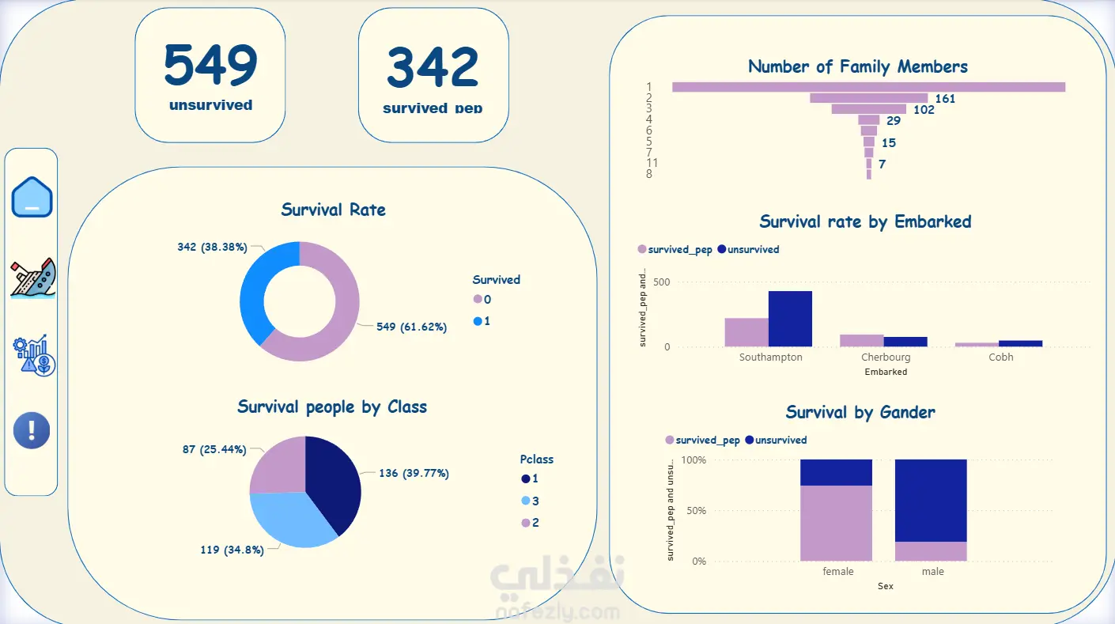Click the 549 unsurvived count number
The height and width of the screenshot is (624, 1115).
pyautogui.click(x=210, y=65)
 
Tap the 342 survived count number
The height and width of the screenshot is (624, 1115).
pyautogui.click(x=433, y=67)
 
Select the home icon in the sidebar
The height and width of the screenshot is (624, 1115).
pyautogui.click(x=32, y=197)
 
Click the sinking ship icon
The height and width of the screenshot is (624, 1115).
pyautogui.click(x=33, y=278)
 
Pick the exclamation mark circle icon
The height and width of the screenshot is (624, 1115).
pyautogui.click(x=32, y=430)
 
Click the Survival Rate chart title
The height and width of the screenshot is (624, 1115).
pyautogui.click(x=333, y=210)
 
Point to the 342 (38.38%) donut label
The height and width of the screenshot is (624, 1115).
pyautogui.click(x=212, y=247)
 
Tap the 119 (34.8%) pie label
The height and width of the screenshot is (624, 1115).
pyautogui.click(x=232, y=550)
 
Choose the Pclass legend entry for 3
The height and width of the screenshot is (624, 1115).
pyautogui.click(x=530, y=501)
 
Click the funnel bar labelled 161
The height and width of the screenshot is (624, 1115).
pyautogui.click(x=868, y=98)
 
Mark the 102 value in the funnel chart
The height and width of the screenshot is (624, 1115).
pyautogui.click(x=924, y=110)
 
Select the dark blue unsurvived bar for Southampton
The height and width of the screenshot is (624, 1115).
pyautogui.click(x=790, y=319)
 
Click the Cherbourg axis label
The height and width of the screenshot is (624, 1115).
pyautogui.click(x=886, y=357)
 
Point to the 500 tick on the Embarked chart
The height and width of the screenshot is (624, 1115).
pyautogui.click(x=662, y=282)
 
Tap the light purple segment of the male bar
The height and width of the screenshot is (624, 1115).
pyautogui.click(x=931, y=551)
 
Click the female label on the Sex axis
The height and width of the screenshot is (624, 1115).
pyautogui.click(x=837, y=571)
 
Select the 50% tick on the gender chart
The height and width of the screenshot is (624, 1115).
pyautogui.click(x=696, y=510)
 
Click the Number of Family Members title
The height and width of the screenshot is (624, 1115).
pyautogui.click(x=858, y=66)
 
